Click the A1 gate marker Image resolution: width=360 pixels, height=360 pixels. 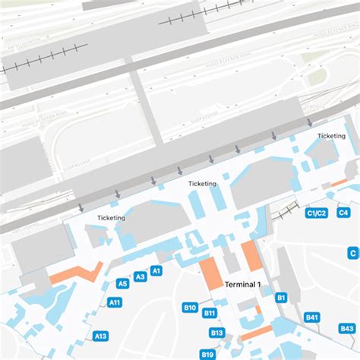point(156,270)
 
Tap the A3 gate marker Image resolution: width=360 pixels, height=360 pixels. point(141,277)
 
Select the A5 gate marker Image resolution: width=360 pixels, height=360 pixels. point(122,284)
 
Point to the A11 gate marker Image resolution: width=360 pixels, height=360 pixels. point(115,302)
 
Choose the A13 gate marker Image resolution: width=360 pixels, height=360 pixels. point(101,336)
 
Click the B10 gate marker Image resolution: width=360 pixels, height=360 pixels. point(190,308)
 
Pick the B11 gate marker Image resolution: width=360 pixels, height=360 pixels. point(210,313)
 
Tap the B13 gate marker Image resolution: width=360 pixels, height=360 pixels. point(217,333)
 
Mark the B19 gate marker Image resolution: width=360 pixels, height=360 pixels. point(207,354)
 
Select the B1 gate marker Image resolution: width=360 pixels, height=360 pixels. point(280,298)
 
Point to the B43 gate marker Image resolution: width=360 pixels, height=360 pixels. point(346,328)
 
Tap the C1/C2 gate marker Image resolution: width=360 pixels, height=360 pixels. point(316,213)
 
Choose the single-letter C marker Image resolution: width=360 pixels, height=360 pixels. point(352,253)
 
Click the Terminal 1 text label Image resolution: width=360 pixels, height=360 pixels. point(243,284)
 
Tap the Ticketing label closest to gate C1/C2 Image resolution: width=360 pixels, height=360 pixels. point(331,136)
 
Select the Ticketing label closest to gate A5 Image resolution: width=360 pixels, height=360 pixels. point(112,218)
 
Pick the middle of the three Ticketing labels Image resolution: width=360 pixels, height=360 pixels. point(203,184)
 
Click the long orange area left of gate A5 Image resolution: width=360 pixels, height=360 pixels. point(76,273)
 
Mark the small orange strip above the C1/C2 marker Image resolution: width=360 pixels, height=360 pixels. point(339,183)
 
